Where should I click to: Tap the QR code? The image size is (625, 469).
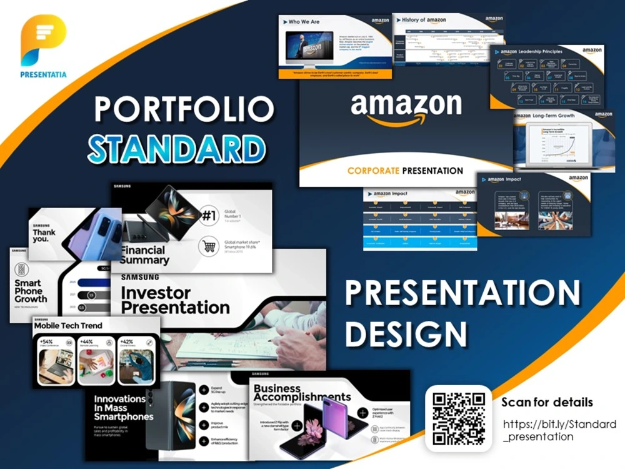[459, 418]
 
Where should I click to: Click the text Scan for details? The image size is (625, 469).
[547, 402]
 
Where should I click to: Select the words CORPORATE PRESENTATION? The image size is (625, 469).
[405, 170]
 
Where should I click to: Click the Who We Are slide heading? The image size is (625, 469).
[304, 22]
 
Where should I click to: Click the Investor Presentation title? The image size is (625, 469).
[175, 300]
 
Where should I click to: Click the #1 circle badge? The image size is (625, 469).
[209, 216]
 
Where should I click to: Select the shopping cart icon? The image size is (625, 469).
[209, 247]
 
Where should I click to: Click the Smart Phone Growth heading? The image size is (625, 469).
[31, 291]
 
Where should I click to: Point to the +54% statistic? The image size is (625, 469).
[46, 342]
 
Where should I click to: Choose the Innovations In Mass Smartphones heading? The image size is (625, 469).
[123, 408]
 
